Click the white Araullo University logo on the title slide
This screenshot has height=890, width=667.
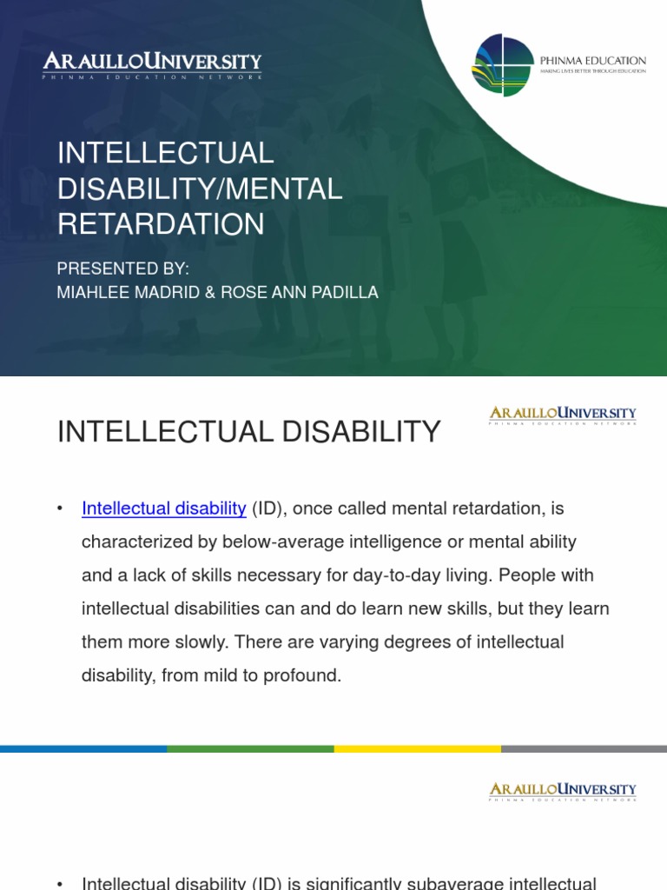(153, 65)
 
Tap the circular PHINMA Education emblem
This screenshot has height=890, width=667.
(502, 66)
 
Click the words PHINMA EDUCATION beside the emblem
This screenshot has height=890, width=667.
(604, 60)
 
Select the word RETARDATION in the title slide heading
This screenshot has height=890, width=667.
(161, 224)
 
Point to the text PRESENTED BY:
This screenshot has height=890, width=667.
(122, 270)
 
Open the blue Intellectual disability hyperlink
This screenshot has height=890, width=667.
(164, 508)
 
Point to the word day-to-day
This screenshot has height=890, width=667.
(390, 575)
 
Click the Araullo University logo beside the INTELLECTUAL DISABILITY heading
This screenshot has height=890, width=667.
(563, 415)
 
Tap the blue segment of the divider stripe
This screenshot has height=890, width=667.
(83, 748)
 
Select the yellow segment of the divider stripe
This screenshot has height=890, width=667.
(417, 748)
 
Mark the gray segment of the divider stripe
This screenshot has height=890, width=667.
(584, 748)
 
